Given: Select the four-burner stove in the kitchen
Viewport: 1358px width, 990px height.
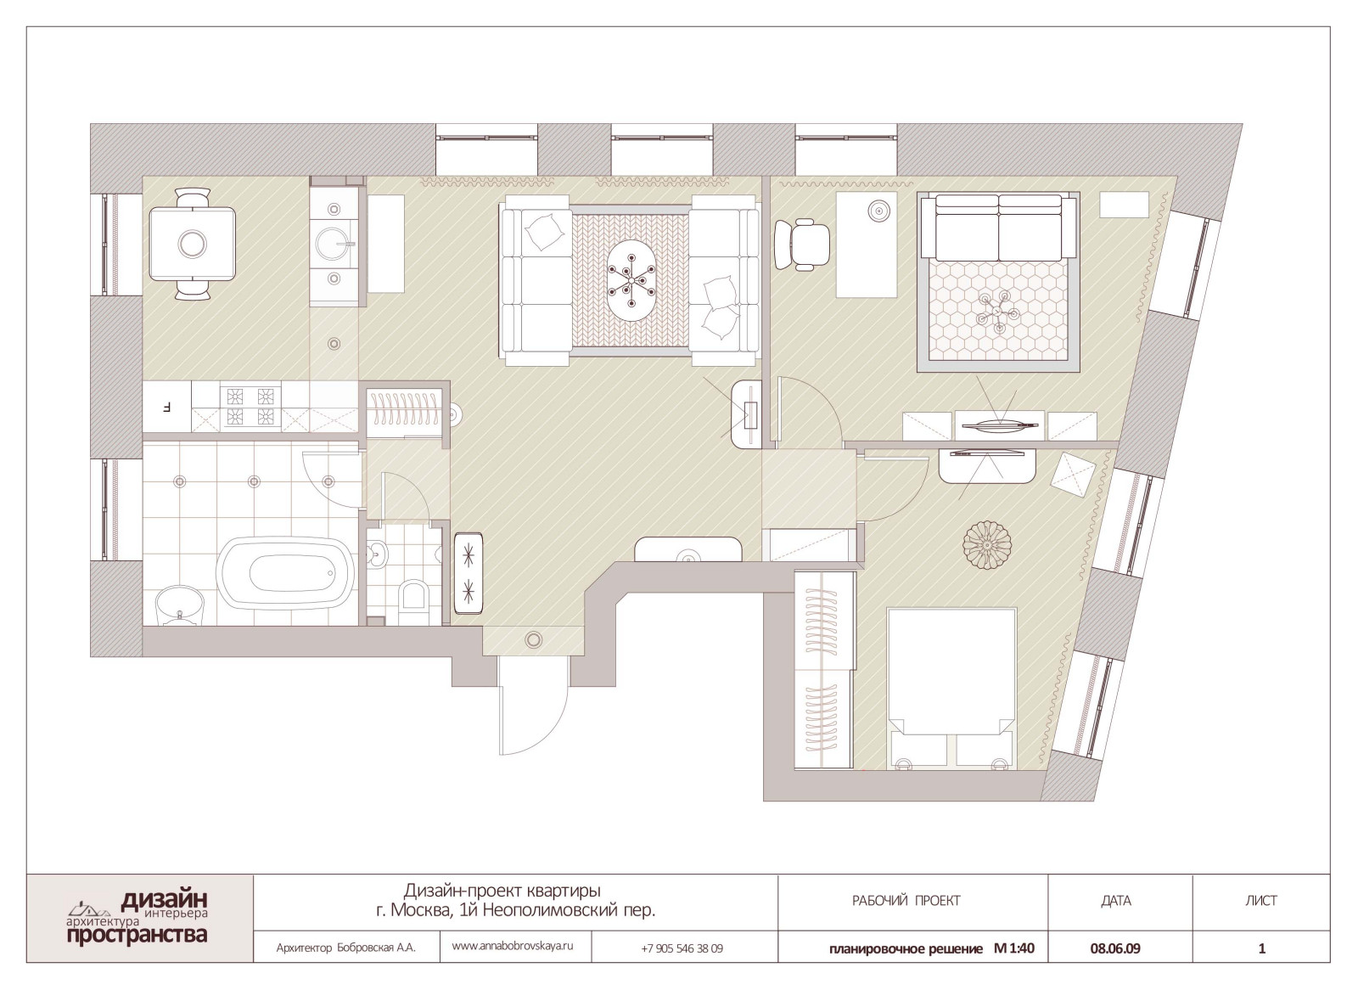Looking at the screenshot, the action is click(x=250, y=406).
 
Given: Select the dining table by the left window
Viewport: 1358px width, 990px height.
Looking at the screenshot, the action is click(x=193, y=243).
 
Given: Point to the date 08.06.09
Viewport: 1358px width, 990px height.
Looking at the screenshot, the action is click(x=1115, y=948).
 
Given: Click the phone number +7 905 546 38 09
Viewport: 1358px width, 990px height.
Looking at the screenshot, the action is click(x=682, y=948).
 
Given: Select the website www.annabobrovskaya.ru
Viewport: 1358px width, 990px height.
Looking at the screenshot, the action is click(x=513, y=946).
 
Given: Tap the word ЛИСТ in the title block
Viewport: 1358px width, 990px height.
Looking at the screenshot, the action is click(x=1261, y=901).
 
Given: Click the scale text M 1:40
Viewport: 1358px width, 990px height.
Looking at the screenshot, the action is click(x=1013, y=948).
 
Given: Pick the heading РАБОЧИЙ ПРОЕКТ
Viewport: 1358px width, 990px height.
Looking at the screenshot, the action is click(x=906, y=901).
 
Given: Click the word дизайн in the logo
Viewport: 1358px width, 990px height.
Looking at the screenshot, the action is click(x=165, y=900).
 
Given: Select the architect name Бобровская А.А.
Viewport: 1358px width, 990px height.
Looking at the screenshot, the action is click(x=377, y=948).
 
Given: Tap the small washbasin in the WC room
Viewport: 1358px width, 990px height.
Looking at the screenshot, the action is click(x=378, y=553).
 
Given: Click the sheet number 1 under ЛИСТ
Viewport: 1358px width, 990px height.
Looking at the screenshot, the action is click(x=1262, y=948).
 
